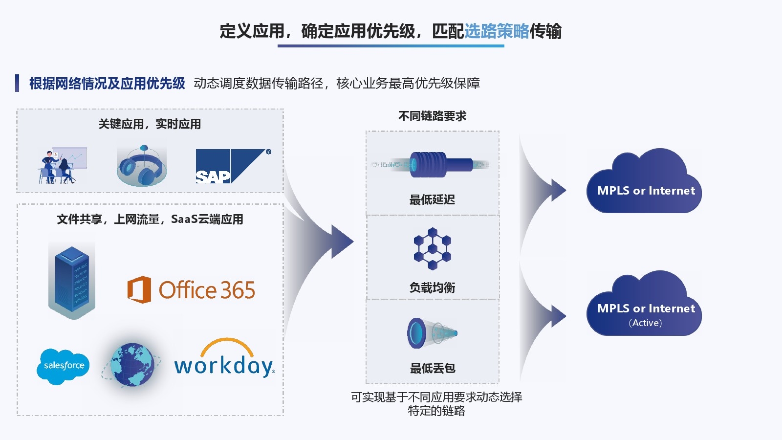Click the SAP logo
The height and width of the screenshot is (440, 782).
[233, 166]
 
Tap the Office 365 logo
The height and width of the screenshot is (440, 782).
[191, 290]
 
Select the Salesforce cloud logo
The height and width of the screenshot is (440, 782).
[64, 366]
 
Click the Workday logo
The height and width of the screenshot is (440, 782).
[224, 360]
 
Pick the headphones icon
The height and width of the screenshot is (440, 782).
[142, 166]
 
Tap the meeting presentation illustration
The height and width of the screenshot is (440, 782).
[62, 166]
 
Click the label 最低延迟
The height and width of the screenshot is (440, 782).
[432, 199]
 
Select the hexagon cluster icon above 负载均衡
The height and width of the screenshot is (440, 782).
[432, 248]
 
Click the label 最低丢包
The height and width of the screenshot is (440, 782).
[432, 368]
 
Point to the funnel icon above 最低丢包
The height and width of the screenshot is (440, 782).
[432, 333]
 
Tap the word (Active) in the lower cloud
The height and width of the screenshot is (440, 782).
[645, 323]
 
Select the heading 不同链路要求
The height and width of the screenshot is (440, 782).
[432, 116]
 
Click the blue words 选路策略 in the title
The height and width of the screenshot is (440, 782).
[497, 31]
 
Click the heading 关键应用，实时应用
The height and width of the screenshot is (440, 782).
[150, 124]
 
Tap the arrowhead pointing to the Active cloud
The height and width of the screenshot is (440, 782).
[558, 316]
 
